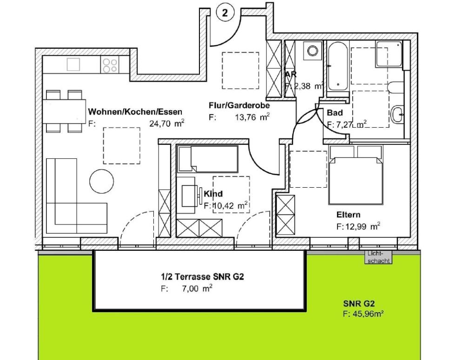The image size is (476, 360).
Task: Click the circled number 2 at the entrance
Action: click(x=225, y=13)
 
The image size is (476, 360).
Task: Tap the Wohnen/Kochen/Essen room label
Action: click(x=135, y=112)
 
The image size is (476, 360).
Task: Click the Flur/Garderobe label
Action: click(x=239, y=105)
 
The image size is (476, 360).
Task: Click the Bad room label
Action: click(x=335, y=113)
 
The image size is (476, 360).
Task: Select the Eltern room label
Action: click(x=348, y=215)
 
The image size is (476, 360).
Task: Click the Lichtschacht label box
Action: click(x=378, y=257)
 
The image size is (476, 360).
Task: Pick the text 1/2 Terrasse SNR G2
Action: click(x=202, y=277)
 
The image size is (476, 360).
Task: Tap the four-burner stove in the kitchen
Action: click(x=110, y=65)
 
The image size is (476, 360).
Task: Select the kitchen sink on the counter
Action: click(x=73, y=64)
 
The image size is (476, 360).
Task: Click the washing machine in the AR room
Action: click(x=312, y=50)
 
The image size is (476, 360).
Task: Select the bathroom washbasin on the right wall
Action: click(x=398, y=113)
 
